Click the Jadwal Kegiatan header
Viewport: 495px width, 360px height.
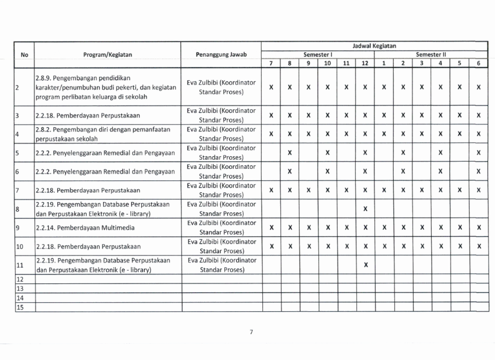374,45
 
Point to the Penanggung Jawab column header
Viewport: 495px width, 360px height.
221,54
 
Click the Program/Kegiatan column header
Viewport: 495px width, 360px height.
109,54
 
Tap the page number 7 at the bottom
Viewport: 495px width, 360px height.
250,332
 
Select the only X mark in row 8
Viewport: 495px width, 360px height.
365,209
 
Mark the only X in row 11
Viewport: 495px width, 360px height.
365,265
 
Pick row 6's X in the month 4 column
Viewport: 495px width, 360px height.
441,171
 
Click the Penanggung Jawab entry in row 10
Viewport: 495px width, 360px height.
221,246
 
